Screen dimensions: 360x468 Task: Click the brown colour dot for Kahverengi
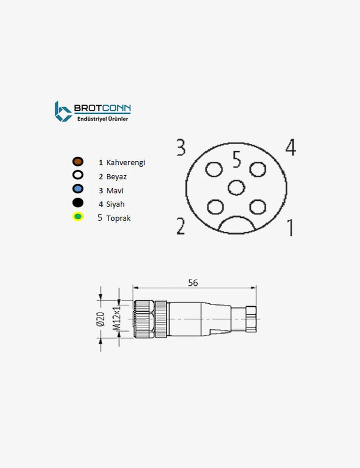click(x=78, y=162)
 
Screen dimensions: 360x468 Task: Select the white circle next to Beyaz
click(x=78, y=175)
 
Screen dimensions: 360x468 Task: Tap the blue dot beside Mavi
click(x=78, y=189)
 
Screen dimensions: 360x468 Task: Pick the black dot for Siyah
click(x=78, y=203)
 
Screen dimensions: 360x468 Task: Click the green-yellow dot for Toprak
click(x=78, y=216)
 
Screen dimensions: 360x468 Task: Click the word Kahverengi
click(x=125, y=163)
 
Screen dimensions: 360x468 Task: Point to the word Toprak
click(x=118, y=218)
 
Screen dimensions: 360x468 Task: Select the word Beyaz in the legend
click(x=116, y=177)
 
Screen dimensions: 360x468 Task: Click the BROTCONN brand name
click(x=102, y=108)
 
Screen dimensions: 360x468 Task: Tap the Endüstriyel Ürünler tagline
click(x=102, y=119)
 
